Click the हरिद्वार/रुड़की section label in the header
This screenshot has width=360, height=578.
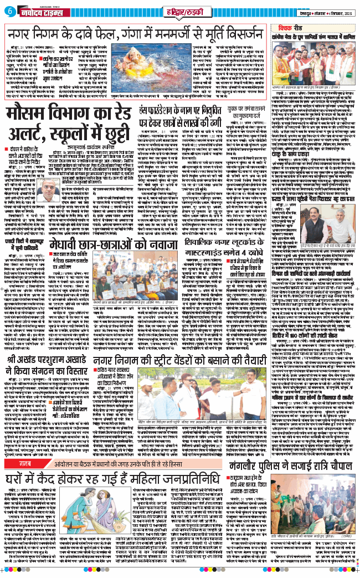tap(180, 11)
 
